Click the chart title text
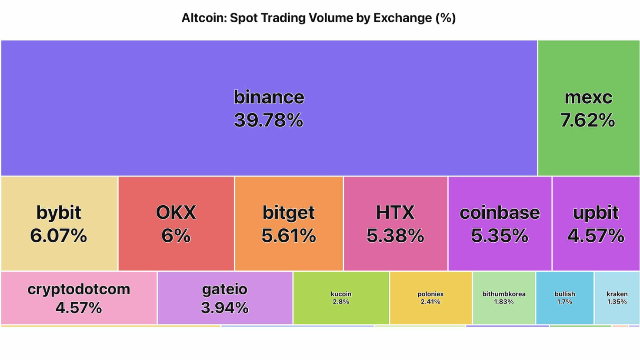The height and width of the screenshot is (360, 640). click(318, 18)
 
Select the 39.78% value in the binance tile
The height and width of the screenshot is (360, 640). click(269, 120)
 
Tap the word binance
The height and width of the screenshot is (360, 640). click(269, 97)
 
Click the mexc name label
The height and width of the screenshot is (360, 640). click(588, 97)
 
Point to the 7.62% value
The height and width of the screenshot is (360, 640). click(588, 120)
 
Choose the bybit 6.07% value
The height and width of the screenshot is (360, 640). click(59, 236)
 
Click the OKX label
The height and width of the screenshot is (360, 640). click(176, 213)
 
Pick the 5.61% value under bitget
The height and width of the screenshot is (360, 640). click(289, 236)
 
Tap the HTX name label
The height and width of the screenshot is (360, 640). click(395, 213)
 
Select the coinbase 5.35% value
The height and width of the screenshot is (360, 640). click(500, 236)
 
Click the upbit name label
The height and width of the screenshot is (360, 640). click(596, 213)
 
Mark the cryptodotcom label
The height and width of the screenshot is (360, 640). click(79, 289)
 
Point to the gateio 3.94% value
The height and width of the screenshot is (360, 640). click(225, 308)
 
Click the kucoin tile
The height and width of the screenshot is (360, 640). click(341, 298)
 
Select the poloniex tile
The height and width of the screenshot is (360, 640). click(430, 298)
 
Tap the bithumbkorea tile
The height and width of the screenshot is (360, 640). click(503, 298)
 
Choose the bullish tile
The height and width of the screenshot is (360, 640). click(565, 298)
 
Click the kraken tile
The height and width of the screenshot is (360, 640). click(617, 298)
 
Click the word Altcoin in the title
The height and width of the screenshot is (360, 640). click(203, 18)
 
